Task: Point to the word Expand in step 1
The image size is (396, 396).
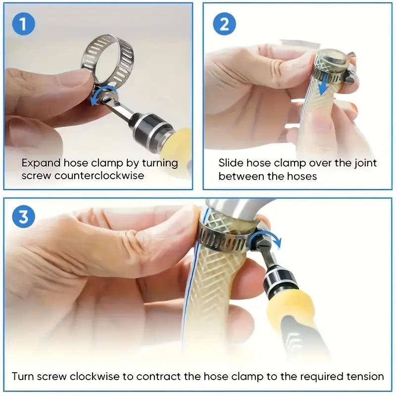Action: [x=42, y=163]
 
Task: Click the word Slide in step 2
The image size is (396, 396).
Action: [x=231, y=163]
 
